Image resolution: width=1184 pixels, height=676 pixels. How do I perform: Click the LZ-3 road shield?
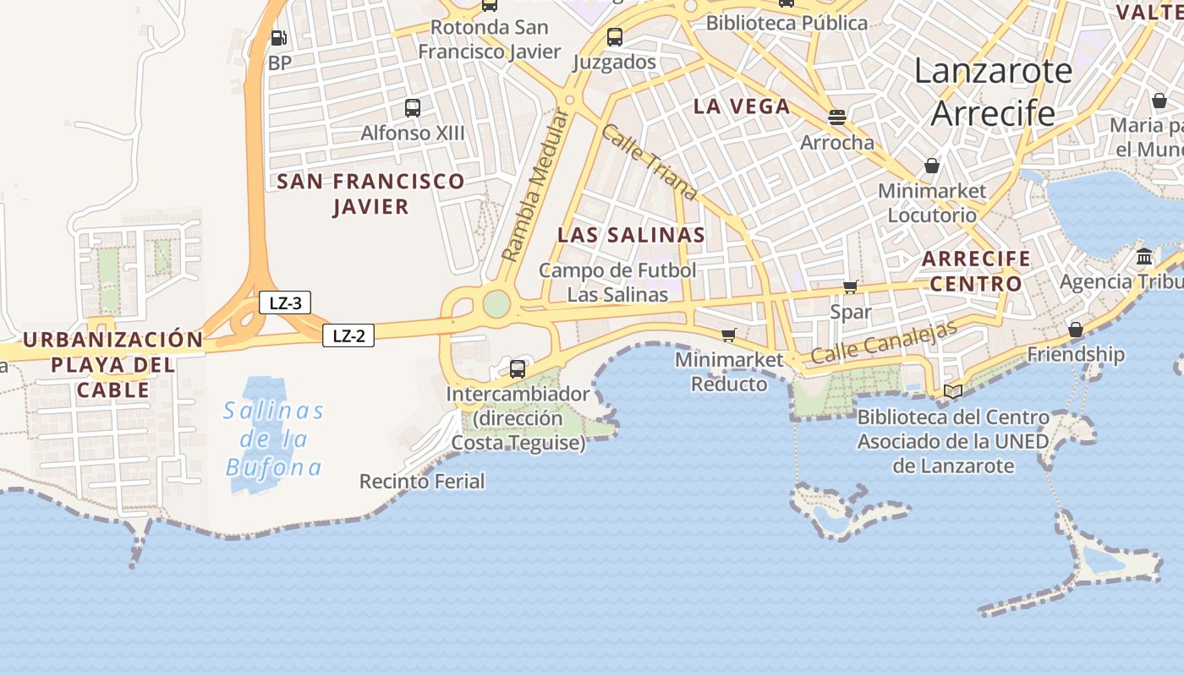pos(285,303)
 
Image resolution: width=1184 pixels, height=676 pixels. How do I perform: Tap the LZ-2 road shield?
pos(348,335)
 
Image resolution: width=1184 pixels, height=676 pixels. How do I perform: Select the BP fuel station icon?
pos(278,37)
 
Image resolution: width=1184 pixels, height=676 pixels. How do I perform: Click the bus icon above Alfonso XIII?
pos(413,107)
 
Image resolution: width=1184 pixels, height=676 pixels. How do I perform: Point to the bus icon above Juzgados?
pos(615,37)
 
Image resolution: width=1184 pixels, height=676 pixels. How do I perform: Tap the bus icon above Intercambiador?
pos(518,368)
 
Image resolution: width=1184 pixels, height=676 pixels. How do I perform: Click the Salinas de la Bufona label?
pos(274,439)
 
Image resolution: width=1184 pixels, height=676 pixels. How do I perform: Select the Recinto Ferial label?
pos(422,482)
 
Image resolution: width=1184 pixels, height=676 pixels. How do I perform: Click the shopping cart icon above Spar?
pos(851,287)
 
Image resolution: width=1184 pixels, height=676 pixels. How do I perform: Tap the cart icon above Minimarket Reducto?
pos(728,335)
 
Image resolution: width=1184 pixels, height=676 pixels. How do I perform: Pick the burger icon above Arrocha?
pos(837,117)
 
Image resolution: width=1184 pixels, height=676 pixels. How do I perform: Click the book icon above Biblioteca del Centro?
pos(953,391)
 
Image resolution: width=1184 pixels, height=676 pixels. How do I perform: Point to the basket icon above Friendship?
pos(1076,329)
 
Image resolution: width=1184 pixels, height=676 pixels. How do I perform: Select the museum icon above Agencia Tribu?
pos(1144,257)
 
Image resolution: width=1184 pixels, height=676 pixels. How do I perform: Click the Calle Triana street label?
pos(650,162)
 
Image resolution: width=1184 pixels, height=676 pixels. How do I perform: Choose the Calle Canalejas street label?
pos(883,342)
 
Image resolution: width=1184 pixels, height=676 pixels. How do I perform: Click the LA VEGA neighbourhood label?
pos(742,106)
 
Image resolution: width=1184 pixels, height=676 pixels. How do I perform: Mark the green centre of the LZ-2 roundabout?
pos(496,303)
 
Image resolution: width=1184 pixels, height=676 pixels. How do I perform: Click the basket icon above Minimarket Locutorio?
pos(932,166)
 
